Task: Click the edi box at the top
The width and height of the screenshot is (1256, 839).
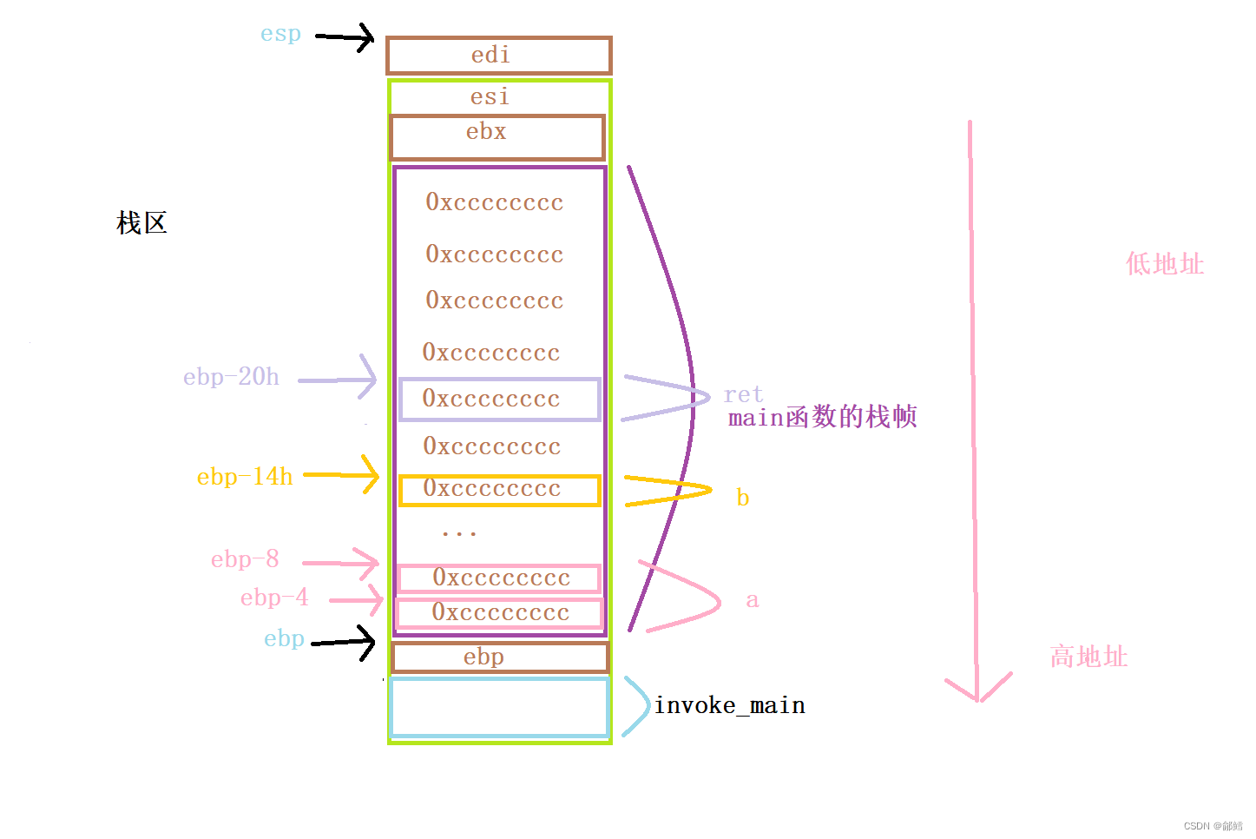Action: (499, 56)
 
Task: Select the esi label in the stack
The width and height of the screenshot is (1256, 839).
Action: (490, 96)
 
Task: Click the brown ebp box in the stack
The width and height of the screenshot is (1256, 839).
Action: (500, 657)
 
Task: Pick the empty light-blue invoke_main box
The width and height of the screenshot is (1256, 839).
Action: (499, 708)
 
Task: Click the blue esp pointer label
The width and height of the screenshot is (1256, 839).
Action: (280, 34)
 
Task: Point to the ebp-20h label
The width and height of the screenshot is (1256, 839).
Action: (231, 377)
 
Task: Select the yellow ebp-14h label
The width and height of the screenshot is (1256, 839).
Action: (245, 477)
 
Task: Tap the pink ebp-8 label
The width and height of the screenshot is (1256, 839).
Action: (245, 559)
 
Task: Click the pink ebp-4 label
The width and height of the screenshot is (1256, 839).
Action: (274, 598)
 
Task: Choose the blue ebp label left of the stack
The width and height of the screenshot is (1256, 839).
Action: (284, 639)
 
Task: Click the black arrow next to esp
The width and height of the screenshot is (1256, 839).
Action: (345, 36)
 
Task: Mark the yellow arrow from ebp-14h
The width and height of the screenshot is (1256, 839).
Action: (342, 475)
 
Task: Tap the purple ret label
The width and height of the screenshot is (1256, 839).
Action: (743, 394)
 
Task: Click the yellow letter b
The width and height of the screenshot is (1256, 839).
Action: (742, 498)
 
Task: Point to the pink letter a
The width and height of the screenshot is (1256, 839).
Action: (752, 600)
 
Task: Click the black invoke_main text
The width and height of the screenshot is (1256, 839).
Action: (729, 705)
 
